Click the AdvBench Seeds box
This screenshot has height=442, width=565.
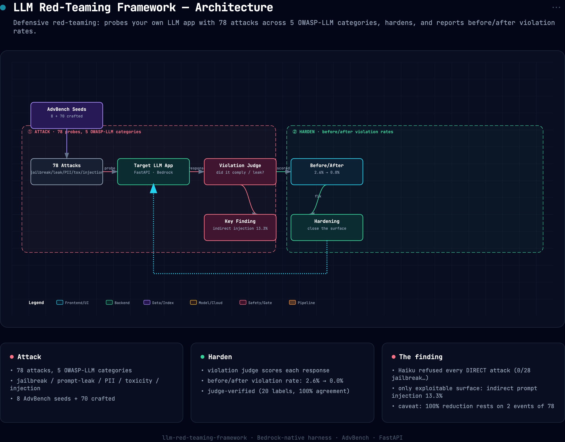[x=67, y=115]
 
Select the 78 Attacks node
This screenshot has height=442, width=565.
[x=67, y=172]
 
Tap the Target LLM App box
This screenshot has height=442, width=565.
[x=153, y=172]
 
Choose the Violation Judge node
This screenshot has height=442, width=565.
[x=240, y=172]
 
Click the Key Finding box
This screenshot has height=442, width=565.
[x=240, y=227]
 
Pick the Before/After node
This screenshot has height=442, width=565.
[x=327, y=172]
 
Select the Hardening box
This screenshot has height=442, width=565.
[x=327, y=227]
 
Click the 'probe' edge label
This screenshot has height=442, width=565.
[x=110, y=168]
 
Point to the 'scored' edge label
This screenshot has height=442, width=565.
[x=283, y=168]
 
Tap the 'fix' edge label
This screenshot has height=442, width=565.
[x=318, y=196]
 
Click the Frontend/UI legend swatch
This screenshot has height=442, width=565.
[x=60, y=302]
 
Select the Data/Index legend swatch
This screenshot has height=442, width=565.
[x=147, y=302]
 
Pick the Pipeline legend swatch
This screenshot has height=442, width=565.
[x=292, y=302]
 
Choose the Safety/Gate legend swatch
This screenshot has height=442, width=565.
[x=243, y=302]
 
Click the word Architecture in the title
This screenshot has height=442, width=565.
[x=234, y=7]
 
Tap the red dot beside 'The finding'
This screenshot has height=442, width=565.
[x=394, y=357]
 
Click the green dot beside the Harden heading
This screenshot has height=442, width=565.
[x=202, y=357]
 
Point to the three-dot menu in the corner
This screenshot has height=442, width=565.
[x=556, y=8]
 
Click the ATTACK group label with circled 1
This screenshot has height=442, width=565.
[x=84, y=132]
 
